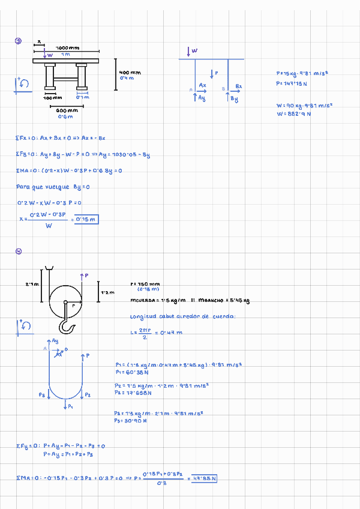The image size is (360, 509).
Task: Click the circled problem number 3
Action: coord(18,41)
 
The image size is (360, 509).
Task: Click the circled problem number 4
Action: coord(18,251)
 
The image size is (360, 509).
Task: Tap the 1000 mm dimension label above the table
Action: coord(67,47)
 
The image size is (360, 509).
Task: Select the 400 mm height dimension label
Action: coord(130,73)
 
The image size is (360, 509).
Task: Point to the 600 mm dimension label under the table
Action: coord(67,111)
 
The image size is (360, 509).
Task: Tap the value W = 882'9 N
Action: coord(293,113)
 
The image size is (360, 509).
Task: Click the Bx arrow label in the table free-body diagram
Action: coord(238,87)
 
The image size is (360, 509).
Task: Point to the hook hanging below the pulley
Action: coord(65,328)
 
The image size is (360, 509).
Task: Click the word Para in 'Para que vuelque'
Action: coord(22,187)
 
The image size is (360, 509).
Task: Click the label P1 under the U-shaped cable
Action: coord(70,406)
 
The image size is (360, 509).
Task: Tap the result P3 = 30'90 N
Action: coord(131,421)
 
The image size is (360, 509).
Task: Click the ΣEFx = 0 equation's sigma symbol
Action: coord(18,138)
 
